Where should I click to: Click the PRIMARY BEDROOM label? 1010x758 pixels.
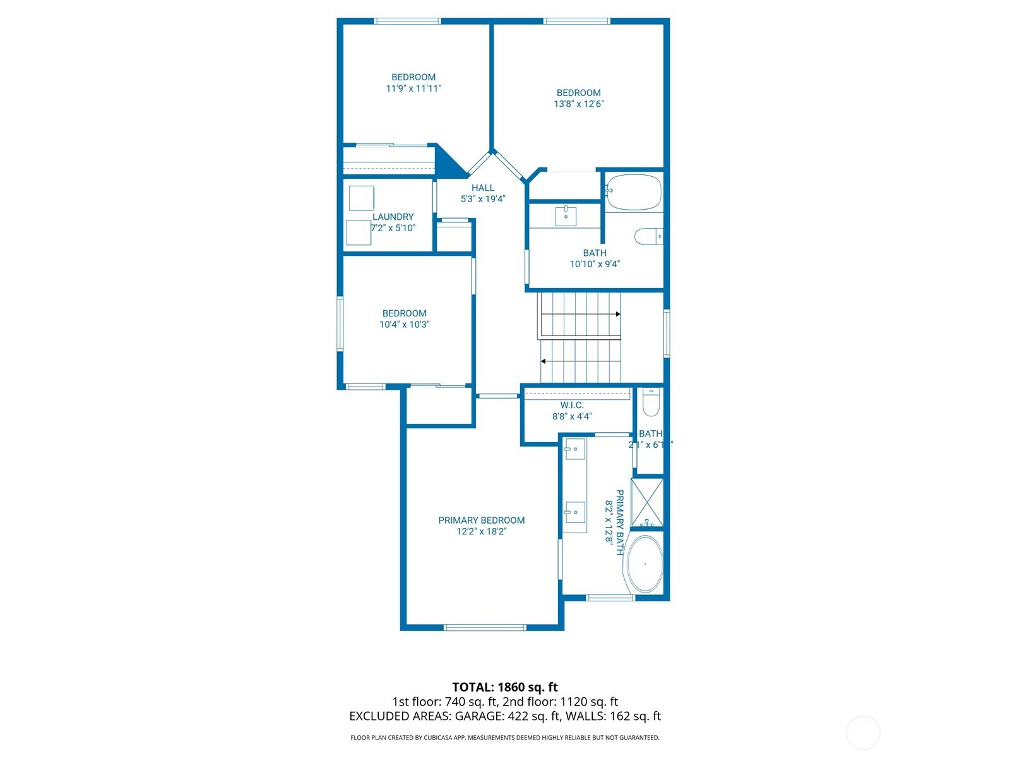[x=482, y=520]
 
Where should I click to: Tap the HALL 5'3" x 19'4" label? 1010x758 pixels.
[x=483, y=193]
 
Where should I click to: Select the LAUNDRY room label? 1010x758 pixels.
[x=393, y=217]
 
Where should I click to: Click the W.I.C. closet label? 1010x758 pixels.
[x=572, y=406]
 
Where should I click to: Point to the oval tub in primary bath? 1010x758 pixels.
[x=645, y=564]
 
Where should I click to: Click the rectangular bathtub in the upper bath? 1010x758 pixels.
[x=633, y=192]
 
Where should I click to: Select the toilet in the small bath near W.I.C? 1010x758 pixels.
[x=651, y=402]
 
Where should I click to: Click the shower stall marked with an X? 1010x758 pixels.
[x=648, y=503]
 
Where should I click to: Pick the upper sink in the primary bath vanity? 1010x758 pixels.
[x=575, y=450]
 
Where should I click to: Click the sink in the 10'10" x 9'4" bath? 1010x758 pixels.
[x=566, y=215]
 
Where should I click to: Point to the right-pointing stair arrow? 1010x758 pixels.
[x=617, y=314]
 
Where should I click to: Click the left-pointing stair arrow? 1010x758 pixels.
[x=544, y=361]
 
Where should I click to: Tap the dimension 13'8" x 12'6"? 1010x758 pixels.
[x=579, y=104]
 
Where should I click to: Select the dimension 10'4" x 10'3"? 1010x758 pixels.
[x=404, y=325]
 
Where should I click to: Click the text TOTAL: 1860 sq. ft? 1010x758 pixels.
[x=505, y=687]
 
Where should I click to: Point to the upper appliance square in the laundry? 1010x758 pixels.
[x=362, y=198]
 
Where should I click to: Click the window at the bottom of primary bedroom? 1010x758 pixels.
[x=485, y=627]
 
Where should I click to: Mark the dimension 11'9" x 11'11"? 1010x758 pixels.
[x=413, y=88]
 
